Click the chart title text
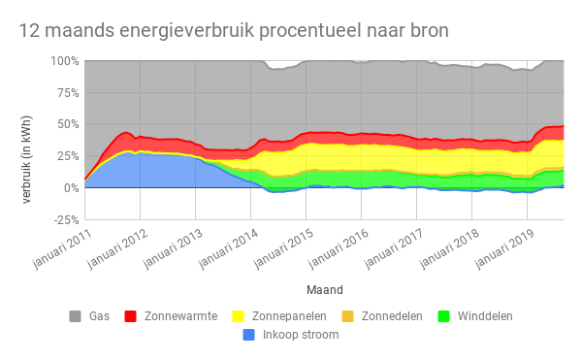(x=234, y=31)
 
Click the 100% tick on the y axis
(x=64, y=60)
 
